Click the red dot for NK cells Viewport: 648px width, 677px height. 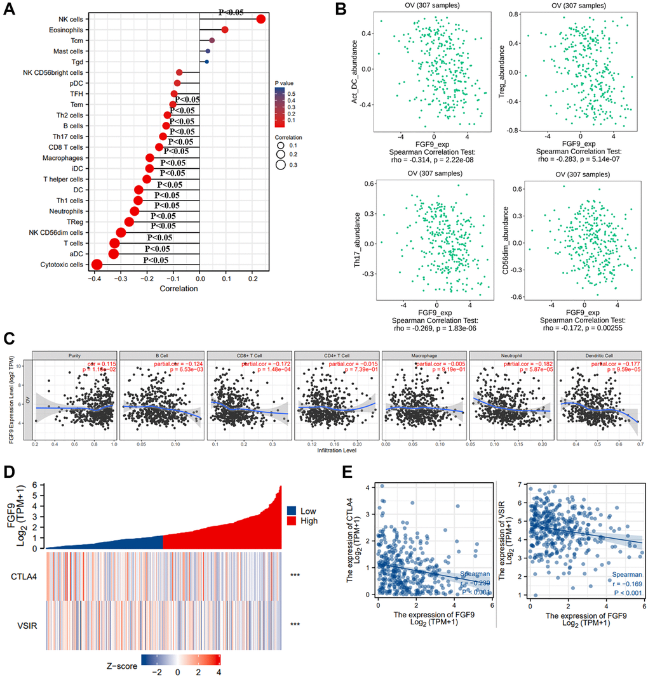click(260, 19)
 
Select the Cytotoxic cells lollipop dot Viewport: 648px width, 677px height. click(97, 265)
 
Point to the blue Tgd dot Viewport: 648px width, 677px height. click(206, 62)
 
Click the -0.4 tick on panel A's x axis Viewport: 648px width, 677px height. click(95, 278)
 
